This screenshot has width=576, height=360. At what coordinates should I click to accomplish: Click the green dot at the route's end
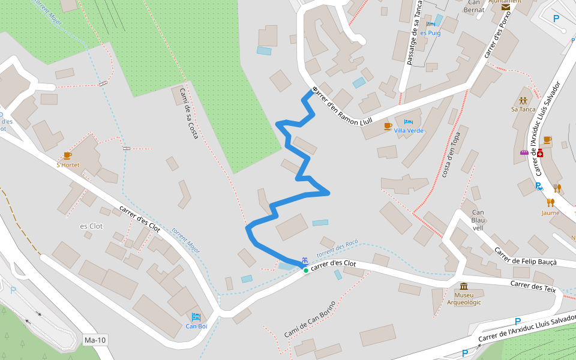(305, 271)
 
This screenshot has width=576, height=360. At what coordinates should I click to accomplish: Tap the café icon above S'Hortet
(67, 156)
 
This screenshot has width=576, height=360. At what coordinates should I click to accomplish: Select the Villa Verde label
(409, 131)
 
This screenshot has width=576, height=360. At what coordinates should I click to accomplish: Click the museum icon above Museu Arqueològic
(464, 286)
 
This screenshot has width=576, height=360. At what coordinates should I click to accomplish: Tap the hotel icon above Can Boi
(196, 317)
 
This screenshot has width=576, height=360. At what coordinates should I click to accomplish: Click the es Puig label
(430, 33)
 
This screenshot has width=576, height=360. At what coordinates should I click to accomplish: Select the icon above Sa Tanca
(523, 100)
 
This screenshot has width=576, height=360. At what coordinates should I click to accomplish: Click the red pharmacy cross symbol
(539, 154)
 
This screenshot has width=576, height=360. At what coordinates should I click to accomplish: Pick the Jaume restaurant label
(550, 213)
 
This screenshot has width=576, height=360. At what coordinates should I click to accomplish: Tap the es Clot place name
(92, 226)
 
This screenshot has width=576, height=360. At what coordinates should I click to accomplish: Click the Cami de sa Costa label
(188, 114)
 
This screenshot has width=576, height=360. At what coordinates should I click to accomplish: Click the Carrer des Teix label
(533, 287)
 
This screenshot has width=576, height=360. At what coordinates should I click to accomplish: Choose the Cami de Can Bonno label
(310, 319)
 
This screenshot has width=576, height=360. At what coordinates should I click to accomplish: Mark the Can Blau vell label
(478, 220)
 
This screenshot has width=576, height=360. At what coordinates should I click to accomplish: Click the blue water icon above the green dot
(305, 260)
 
